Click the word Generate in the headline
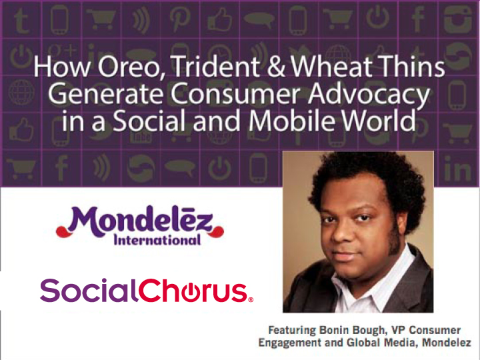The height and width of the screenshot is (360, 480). [105, 94]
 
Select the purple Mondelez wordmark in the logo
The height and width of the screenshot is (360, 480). [140, 221]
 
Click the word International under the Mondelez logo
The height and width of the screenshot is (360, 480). [157, 240]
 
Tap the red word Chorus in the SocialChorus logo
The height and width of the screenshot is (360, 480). [193, 290]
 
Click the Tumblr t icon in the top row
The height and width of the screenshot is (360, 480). [21, 20]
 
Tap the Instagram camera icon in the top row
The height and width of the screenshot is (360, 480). [457, 19]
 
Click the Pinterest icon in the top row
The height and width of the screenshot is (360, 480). [180, 19]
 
